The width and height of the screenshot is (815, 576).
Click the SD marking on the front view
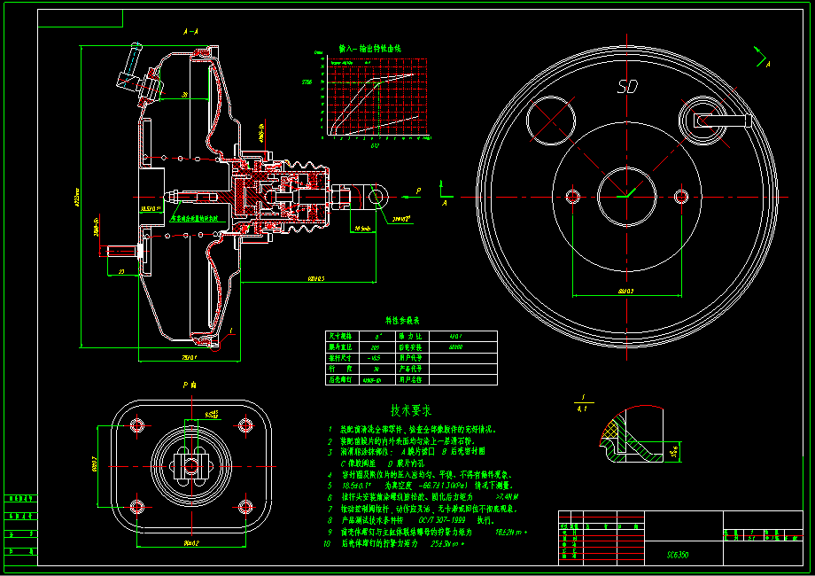[x=628, y=87]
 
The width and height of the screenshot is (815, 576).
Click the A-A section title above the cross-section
[x=190, y=31]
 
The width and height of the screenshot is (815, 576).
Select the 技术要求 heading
[x=410, y=411]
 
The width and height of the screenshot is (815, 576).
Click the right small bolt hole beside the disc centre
[x=680, y=195]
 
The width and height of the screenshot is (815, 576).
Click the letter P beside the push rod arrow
[x=419, y=190]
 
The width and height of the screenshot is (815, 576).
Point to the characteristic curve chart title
[x=369, y=48]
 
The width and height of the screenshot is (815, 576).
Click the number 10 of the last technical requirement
[x=327, y=543]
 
